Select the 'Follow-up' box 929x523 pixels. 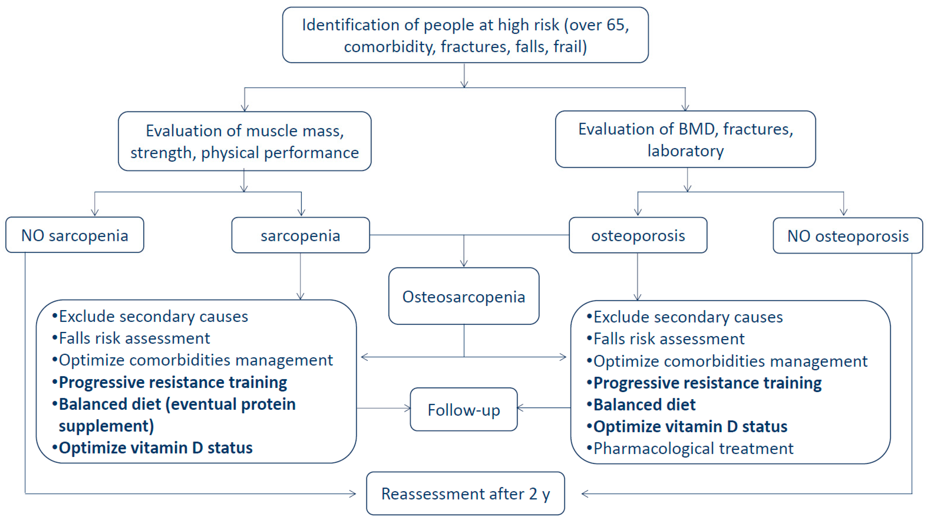click(x=464, y=410)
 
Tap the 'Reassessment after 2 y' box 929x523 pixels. click(x=465, y=493)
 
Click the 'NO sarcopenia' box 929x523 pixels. click(x=75, y=235)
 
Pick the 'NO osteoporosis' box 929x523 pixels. click(x=848, y=236)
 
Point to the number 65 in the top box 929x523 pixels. click(x=615, y=25)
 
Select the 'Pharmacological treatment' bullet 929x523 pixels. click(x=693, y=448)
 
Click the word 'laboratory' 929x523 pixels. click(x=685, y=151)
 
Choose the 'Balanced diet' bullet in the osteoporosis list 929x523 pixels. click(x=644, y=405)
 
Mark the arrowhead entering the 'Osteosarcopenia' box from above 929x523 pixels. click(x=464, y=264)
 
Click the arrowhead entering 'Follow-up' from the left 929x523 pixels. click(x=408, y=408)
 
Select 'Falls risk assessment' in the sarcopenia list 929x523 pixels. click(x=134, y=338)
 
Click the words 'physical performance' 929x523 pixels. click(x=280, y=153)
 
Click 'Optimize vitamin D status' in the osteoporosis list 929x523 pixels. click(x=690, y=427)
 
